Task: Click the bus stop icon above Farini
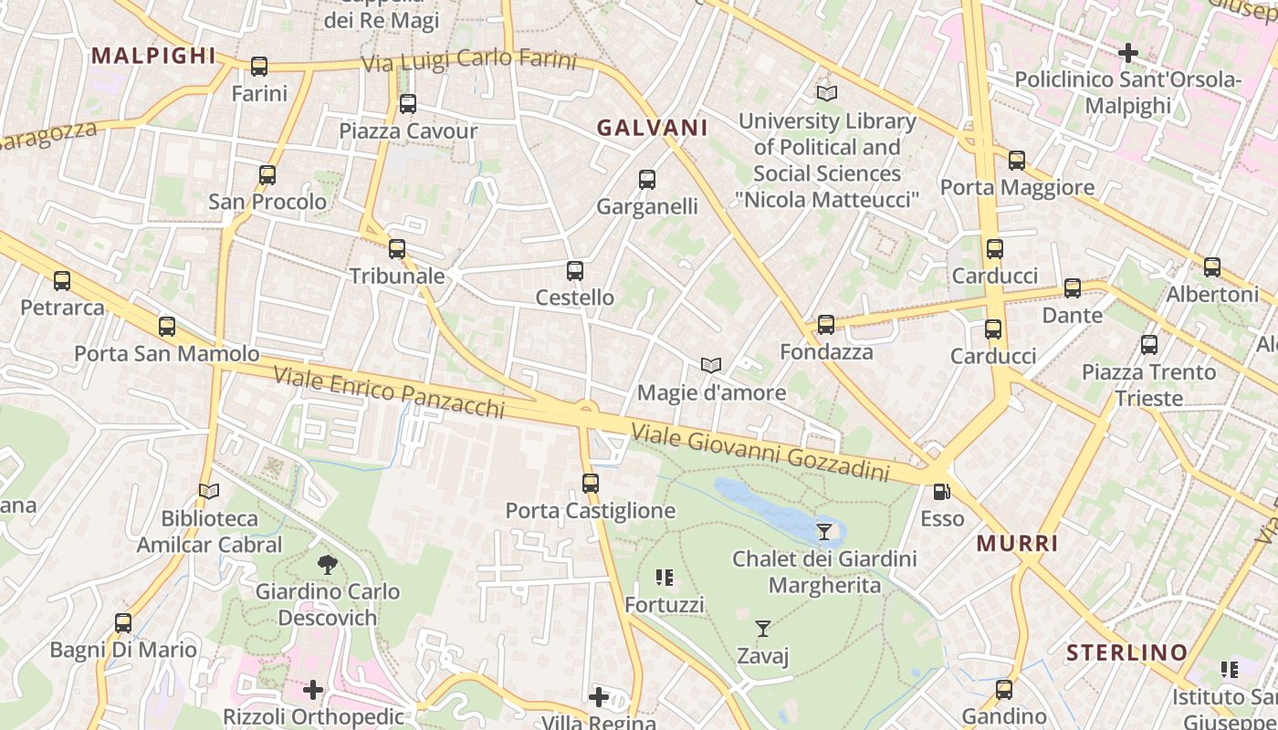259,67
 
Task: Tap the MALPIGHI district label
153,56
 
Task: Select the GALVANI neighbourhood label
652,128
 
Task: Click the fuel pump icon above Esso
941,492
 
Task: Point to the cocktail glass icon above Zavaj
763,628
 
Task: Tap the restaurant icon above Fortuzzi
665,578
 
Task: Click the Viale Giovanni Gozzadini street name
760,454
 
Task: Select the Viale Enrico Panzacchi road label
389,391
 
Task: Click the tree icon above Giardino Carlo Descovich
327,565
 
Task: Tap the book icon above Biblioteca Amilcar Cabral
209,492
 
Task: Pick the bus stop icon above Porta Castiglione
591,484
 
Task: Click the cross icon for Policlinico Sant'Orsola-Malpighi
1128,53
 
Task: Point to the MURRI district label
1018,544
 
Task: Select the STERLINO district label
1127,652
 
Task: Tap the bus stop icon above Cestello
574,271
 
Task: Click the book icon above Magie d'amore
711,366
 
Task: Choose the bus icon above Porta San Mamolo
166,327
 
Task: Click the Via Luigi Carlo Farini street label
469,61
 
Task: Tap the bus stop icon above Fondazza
826,325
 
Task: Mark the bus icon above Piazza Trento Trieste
1149,345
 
